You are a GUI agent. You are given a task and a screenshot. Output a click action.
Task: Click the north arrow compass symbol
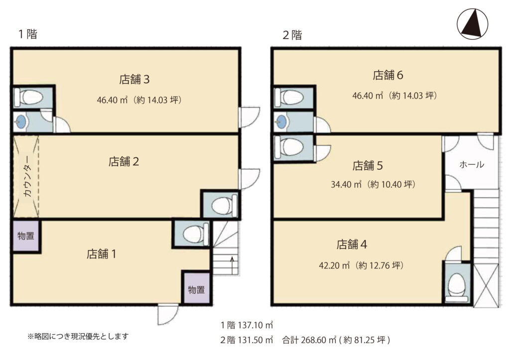pos(472,24)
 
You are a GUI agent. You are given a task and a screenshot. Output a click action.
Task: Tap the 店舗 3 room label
pos(134,79)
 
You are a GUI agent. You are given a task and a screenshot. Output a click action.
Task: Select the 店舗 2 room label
pos(124,162)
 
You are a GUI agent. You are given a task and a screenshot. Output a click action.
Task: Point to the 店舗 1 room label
pos(101,254)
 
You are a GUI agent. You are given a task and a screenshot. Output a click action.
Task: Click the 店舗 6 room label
pos(387,75)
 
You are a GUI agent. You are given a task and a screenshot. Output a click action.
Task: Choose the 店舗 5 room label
pos(368,166)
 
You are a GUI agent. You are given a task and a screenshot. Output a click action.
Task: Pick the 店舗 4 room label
pos(352,244)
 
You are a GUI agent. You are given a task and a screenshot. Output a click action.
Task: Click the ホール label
pos(472,164)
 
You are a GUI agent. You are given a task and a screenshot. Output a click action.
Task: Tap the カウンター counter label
pos(28,176)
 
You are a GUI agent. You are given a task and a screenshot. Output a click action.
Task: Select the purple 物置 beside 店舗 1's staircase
pos(196,289)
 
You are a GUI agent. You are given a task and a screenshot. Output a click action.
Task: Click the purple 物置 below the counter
pos(26,236)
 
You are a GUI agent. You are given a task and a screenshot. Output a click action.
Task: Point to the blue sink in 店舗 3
pos(20,122)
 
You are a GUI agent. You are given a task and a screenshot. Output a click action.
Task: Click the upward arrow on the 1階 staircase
pos(232,264)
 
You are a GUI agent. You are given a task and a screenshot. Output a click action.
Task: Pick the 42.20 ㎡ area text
pos(334,265)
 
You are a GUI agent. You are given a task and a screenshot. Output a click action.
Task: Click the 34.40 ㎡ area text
pos(346,184)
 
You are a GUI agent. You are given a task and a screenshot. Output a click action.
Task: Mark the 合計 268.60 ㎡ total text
pos(309,340)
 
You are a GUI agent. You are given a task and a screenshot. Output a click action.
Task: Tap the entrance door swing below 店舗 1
pos(168,315)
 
